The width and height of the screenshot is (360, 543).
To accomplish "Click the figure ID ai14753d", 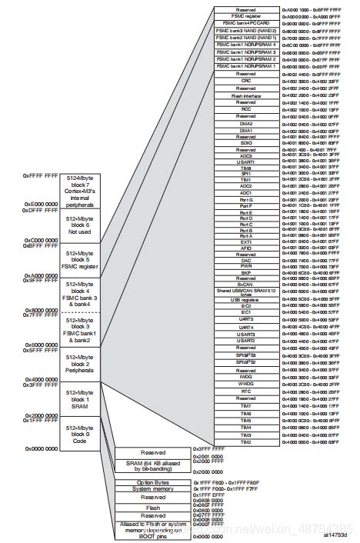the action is pos(335,535).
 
